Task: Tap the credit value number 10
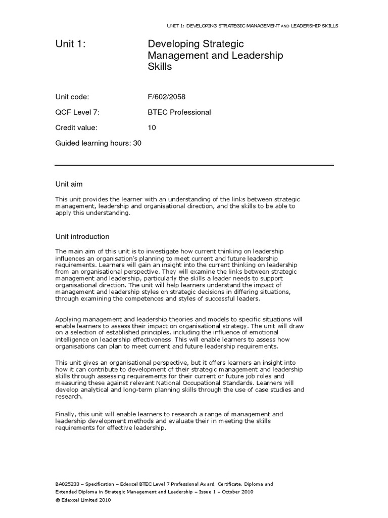[152, 128]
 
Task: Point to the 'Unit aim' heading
[72, 184]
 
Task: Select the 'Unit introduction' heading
[82, 236]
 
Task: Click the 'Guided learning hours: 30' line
[99, 143]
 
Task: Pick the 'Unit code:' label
[72, 97]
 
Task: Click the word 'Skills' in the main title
[160, 66]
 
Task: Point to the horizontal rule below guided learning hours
[194, 165]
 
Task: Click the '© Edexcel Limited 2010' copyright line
[83, 500]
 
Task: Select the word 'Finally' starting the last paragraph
[64, 414]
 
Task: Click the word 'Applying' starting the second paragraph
[67, 320]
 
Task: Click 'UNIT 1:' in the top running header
[176, 25]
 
